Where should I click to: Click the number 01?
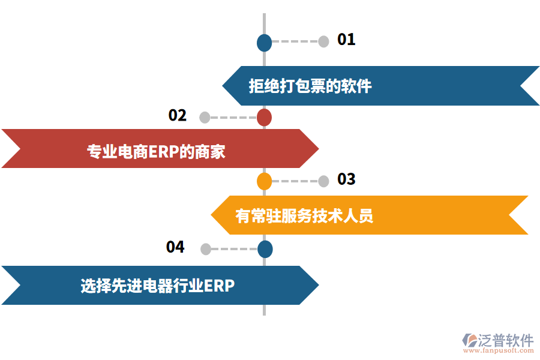tap(346, 40)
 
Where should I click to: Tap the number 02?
tap(178, 115)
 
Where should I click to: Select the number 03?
tap(346, 179)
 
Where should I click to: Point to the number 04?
tap(175, 247)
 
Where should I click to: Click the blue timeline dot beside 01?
tap(264, 43)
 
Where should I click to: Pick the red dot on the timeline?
tap(264, 118)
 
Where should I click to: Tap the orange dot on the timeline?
tap(264, 181)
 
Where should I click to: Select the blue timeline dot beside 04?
tap(265, 249)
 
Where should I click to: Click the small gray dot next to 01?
tap(323, 41)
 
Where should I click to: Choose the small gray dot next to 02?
tap(205, 118)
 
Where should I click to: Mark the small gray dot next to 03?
tap(323, 181)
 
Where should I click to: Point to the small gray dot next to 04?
tap(205, 249)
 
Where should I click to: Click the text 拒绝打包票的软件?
tap(310, 86)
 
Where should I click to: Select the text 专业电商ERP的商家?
tap(157, 151)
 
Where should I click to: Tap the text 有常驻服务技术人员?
tap(304, 215)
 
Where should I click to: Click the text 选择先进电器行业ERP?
tap(157, 286)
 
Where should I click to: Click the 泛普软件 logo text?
tap(505, 340)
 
